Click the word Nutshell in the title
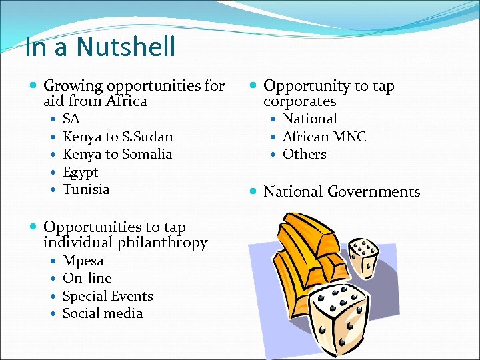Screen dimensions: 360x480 coord(127,47)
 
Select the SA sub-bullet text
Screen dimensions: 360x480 coord(71,119)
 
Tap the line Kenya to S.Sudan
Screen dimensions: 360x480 coord(117,137)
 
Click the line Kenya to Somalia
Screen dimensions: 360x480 coord(117,154)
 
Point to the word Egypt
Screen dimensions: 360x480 coord(80,172)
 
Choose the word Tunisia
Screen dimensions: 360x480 coord(86,189)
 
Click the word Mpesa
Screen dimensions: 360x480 coord(83,261)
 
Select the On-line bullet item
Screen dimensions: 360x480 coord(87,278)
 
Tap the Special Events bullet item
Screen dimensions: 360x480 coord(107,296)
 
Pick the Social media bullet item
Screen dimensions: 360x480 coord(102,313)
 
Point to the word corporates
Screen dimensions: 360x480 coord(299,101)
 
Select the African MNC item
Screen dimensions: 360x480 coord(324,137)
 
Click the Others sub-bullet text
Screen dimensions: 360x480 coord(304,154)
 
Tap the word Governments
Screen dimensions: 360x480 coord(375,192)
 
